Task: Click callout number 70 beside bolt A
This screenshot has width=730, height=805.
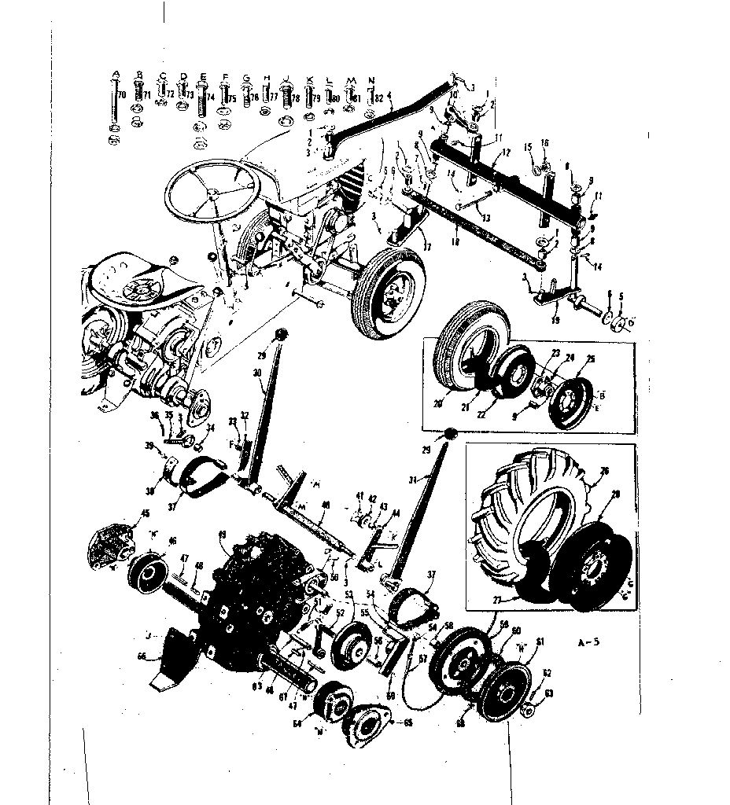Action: [x=122, y=94]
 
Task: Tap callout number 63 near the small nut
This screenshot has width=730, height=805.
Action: [x=550, y=693]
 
